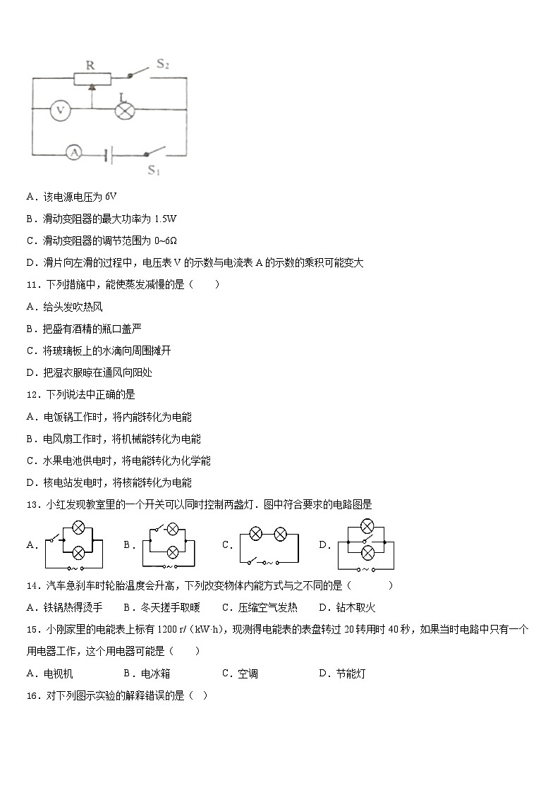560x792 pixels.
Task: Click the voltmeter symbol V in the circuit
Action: (61, 109)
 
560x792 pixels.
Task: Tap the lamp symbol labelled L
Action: (125, 109)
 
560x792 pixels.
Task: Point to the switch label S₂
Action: (163, 64)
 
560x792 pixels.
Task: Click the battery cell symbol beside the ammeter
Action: (107, 154)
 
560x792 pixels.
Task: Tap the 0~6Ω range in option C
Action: (167, 240)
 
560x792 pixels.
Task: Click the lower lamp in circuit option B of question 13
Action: (174, 552)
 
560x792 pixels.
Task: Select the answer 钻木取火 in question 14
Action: (355, 607)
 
